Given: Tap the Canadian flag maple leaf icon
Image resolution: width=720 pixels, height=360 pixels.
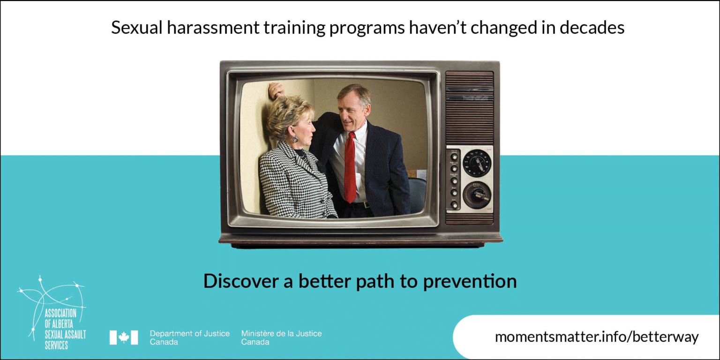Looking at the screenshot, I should coord(124,337).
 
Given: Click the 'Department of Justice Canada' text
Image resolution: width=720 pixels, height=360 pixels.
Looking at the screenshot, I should coord(189,337).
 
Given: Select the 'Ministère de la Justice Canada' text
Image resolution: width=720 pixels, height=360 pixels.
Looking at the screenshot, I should coord(281,337).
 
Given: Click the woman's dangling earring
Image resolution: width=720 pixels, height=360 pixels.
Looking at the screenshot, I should coord(295,138).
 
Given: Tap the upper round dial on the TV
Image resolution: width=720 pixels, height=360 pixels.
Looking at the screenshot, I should coord(477,163).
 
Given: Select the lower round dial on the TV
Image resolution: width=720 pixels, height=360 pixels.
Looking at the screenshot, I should coord(477,195).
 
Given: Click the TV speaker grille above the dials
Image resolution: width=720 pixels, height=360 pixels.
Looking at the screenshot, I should coord(469,108).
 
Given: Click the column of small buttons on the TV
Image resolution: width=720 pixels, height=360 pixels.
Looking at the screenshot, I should coord(454,180).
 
